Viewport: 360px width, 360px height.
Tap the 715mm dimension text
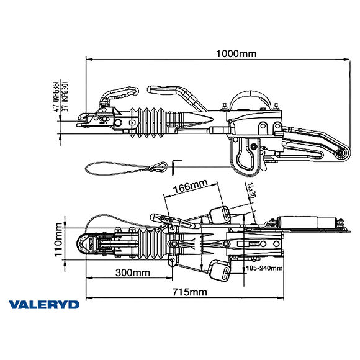pos(190,292)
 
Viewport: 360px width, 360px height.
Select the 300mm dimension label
pos(132,272)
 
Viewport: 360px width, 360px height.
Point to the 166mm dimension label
pos(191,186)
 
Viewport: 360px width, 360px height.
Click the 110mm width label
pos(57,240)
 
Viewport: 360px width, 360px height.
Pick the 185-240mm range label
pos(264,268)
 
